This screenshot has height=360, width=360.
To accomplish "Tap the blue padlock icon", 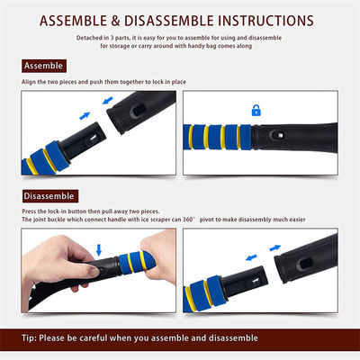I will click(256, 111).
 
